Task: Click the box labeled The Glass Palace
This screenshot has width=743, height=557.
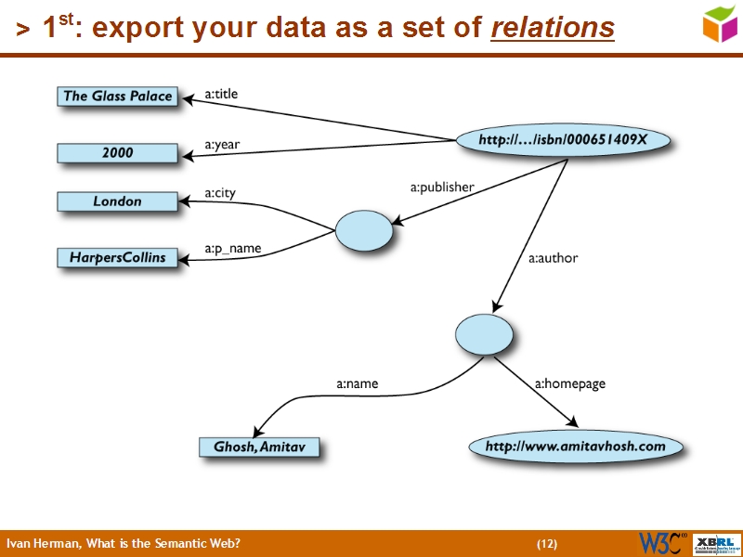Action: click(117, 96)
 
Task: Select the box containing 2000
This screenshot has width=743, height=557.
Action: click(117, 152)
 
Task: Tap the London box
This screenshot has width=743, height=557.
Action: click(117, 201)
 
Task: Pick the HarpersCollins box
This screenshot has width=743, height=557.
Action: click(117, 257)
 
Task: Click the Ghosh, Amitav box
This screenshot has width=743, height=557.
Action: click(258, 447)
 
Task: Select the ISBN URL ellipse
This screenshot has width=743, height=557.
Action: click(562, 140)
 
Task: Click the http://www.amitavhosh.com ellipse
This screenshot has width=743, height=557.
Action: click(576, 447)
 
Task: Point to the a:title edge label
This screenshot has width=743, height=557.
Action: click(221, 93)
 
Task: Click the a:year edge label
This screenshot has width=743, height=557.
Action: click(222, 145)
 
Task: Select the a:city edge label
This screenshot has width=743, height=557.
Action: click(220, 193)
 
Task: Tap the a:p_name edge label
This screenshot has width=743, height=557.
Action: click(232, 249)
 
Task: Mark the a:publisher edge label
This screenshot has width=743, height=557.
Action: click(442, 187)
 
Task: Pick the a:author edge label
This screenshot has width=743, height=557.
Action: click(553, 258)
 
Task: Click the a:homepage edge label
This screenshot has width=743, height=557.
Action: click(569, 382)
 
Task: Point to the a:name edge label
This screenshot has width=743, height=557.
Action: click(357, 382)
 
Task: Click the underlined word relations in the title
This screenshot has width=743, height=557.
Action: click(552, 29)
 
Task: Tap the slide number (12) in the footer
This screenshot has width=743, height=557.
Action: click(547, 543)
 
